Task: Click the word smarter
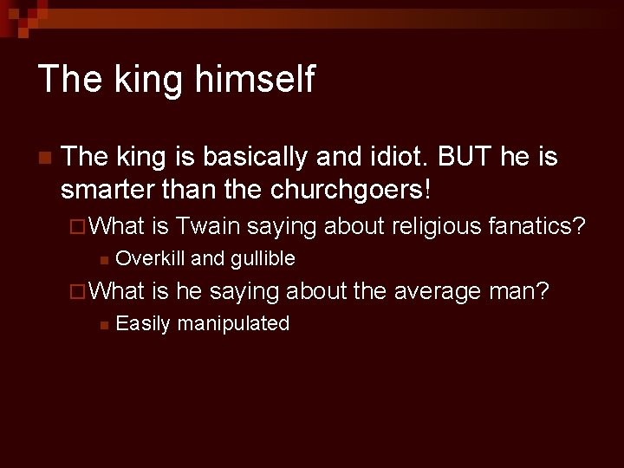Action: (107, 188)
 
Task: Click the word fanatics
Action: (538, 227)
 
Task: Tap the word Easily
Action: (140, 323)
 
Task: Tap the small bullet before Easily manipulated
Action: (103, 325)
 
